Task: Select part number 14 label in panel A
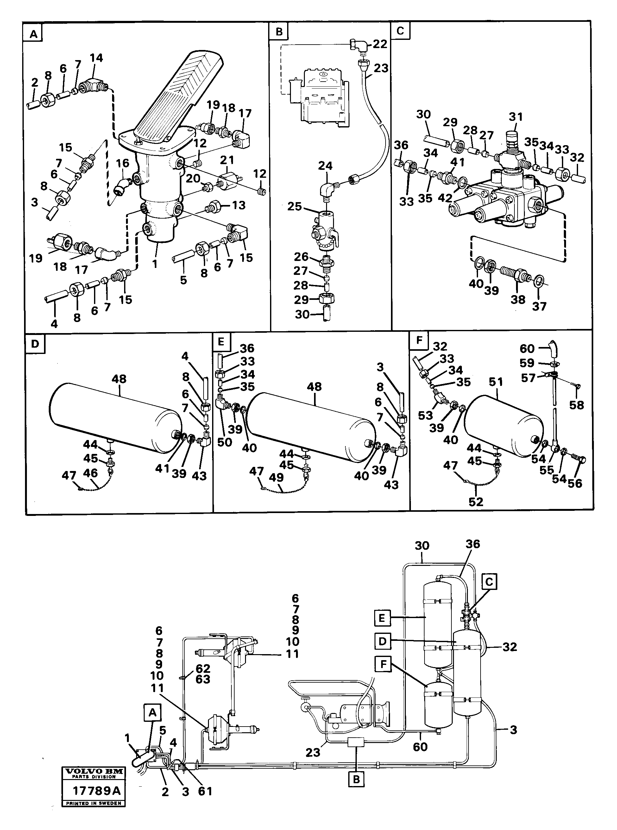coord(96,58)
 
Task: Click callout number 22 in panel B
coord(380,44)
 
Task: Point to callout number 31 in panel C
coord(516,117)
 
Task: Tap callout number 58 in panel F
coord(576,405)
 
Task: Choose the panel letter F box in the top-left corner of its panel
coord(419,341)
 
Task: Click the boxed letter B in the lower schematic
coord(356,780)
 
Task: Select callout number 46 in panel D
coord(90,473)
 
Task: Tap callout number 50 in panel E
coord(224,442)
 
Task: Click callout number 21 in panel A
coord(227,160)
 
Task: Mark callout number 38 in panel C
coord(518,299)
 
